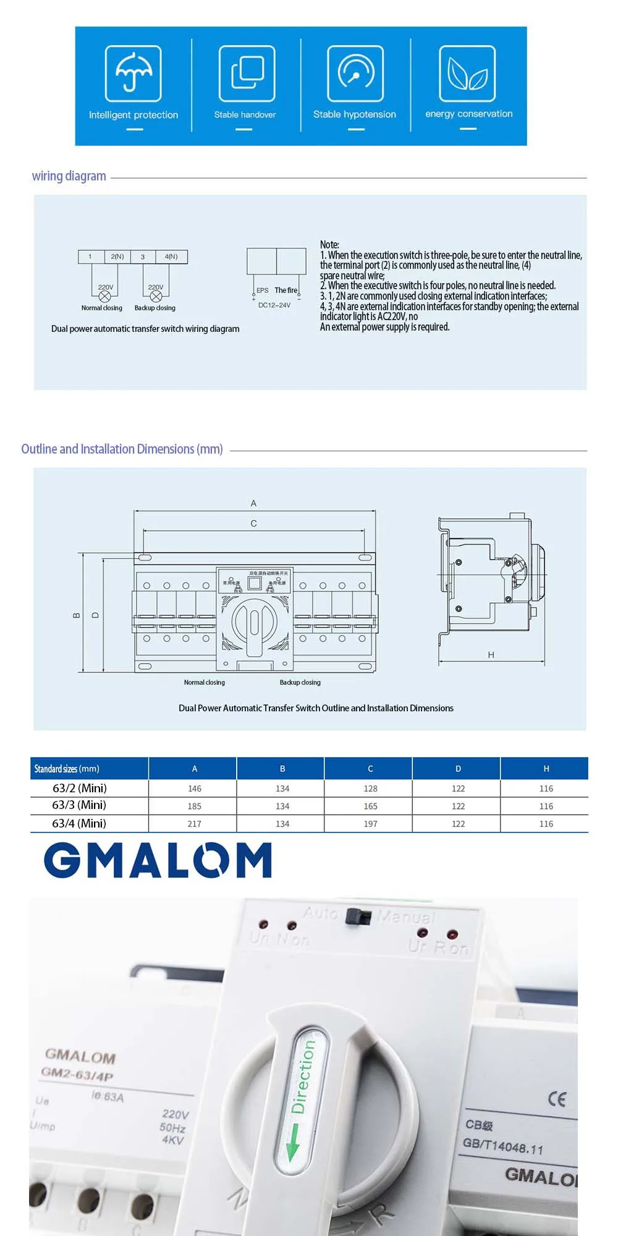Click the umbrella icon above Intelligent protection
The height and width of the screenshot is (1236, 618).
[x=133, y=73]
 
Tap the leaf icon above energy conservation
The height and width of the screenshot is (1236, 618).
[x=467, y=73]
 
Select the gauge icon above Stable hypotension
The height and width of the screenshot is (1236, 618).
[x=355, y=73]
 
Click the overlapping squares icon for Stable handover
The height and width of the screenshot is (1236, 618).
[x=247, y=73]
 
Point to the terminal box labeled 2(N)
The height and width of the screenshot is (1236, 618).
[x=117, y=256]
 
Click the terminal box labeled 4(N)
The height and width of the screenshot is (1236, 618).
[x=171, y=256]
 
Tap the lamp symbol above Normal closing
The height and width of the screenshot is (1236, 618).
[x=105, y=297]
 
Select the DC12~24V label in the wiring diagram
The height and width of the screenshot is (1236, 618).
[x=274, y=305]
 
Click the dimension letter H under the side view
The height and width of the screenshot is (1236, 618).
[x=491, y=655]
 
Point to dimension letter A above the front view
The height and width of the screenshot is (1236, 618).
[x=253, y=504]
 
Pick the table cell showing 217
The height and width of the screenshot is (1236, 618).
[x=194, y=824]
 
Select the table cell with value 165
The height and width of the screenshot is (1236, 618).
[x=370, y=806]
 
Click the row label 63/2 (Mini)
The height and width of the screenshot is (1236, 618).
[x=80, y=788]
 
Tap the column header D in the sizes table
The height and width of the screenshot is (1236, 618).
[x=458, y=769]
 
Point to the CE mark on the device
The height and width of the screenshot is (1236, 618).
[x=557, y=1098]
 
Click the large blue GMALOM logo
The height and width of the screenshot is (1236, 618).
[x=158, y=860]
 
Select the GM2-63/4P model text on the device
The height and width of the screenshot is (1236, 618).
[x=77, y=1073]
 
